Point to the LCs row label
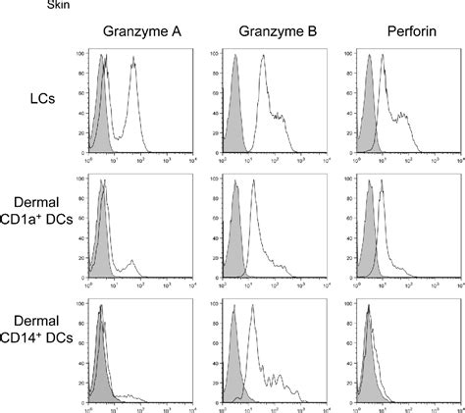point(41,98)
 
